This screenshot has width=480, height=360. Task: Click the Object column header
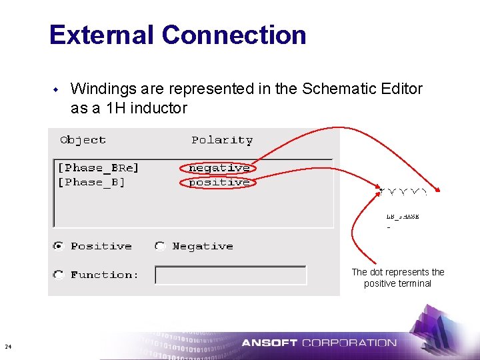(x=83, y=140)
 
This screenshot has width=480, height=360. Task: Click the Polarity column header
(x=222, y=140)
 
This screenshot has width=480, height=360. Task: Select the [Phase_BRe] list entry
(x=98, y=168)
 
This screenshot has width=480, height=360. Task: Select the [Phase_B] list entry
(x=91, y=182)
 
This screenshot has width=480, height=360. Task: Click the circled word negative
(x=219, y=168)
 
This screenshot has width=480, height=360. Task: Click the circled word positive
(x=219, y=182)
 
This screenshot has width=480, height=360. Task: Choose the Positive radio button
(x=59, y=246)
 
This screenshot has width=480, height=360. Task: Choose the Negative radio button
(x=160, y=246)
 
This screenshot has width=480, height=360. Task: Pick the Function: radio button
(x=59, y=274)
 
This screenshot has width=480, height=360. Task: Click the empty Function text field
(x=230, y=275)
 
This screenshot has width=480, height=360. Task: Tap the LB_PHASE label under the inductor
(x=403, y=217)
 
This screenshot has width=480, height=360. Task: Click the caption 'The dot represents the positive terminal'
(x=397, y=277)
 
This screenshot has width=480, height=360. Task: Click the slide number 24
(x=7, y=346)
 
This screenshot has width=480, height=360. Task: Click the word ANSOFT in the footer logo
(x=269, y=343)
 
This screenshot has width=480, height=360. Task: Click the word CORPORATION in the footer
(x=349, y=343)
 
